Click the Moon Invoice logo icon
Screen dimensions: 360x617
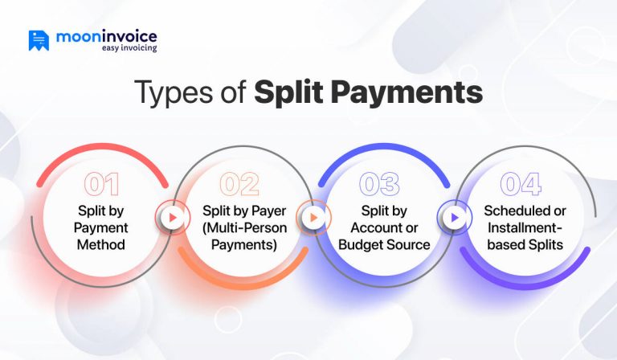(x=39, y=40)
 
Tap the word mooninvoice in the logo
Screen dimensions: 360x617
(x=107, y=36)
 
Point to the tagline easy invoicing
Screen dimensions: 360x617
(x=129, y=48)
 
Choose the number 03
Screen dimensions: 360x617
(x=380, y=185)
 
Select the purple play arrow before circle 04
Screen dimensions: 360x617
(x=453, y=217)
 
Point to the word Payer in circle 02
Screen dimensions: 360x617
(x=261, y=211)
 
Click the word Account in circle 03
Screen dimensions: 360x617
(x=373, y=227)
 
